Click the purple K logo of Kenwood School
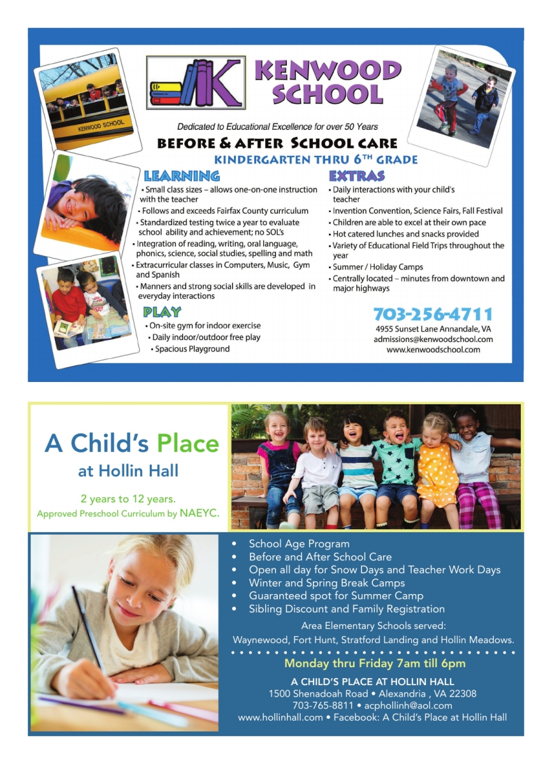(217, 83)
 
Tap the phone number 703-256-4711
(433, 315)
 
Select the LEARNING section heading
(182, 176)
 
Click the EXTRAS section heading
(357, 176)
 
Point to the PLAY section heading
(162, 312)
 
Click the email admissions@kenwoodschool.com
(433, 339)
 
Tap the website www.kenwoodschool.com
(433, 350)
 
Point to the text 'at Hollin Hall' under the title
(128, 472)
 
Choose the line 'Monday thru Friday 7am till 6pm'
(375, 663)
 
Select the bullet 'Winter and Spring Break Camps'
(326, 583)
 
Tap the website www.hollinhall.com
(280, 718)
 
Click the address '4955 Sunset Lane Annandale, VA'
(433, 329)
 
